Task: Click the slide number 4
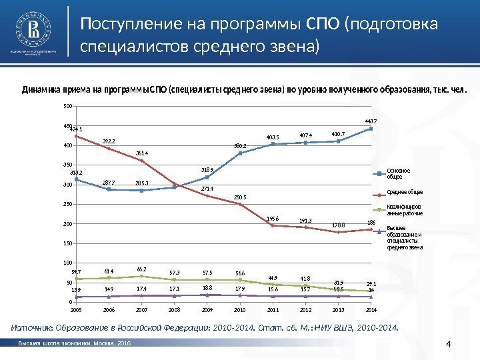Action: (448, 344)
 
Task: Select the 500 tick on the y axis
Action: (67, 106)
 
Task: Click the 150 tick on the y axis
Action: (67, 244)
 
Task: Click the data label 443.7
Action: (371, 121)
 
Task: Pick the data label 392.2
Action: (109, 141)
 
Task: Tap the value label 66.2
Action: (141, 269)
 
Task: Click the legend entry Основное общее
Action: (395, 173)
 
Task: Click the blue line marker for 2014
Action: (371, 128)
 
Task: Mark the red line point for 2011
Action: (273, 225)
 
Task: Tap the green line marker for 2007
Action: (141, 276)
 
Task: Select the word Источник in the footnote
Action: (31, 327)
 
